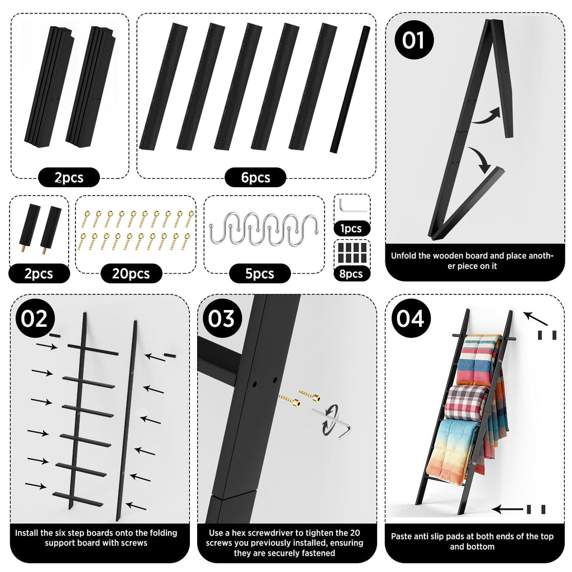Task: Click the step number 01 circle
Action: [x=414, y=40]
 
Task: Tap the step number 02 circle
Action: [x=35, y=318]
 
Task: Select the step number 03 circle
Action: [x=222, y=318]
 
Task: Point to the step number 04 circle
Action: [x=411, y=318]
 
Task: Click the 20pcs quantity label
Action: [x=131, y=274]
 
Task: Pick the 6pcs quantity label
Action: [x=255, y=178]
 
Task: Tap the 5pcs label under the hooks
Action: [x=260, y=274]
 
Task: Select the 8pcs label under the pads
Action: [x=351, y=274]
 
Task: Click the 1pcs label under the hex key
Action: [x=351, y=228]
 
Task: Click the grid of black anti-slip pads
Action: [x=352, y=252]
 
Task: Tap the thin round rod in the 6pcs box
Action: [x=350, y=89]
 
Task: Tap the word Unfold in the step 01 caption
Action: [x=403, y=256]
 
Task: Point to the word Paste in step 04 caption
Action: [x=401, y=536]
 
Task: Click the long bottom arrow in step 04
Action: [x=508, y=509]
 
